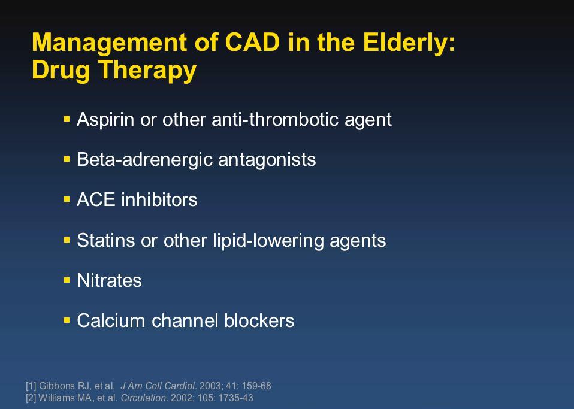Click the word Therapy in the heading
[x=147, y=71]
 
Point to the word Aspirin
[x=105, y=120]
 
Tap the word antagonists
[x=267, y=160]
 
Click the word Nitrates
[x=109, y=281]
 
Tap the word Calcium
[x=111, y=320]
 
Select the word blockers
[x=259, y=320]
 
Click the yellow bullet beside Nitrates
[x=67, y=280]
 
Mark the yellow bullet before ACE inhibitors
[x=67, y=199]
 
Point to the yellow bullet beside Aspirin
[x=67, y=119]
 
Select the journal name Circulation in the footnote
[x=144, y=398]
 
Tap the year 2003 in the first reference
[x=210, y=386]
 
